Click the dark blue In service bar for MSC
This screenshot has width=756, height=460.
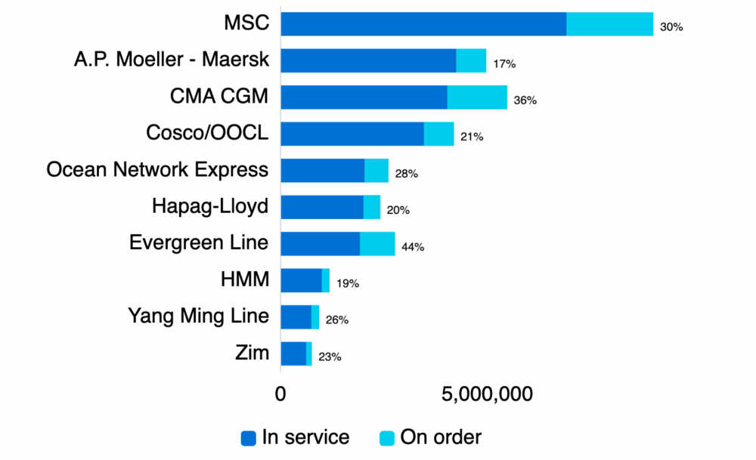[x=423, y=24]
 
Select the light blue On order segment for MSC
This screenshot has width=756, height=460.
[x=609, y=24]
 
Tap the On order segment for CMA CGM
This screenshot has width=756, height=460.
[x=477, y=97]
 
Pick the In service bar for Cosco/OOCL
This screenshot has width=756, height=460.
[x=352, y=134]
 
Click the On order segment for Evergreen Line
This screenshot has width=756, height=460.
[x=377, y=244]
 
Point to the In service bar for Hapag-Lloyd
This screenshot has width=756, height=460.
[x=322, y=207]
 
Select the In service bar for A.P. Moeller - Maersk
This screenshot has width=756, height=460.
[x=368, y=60]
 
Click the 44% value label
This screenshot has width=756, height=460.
[x=413, y=247]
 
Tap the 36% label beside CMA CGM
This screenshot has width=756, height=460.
[x=525, y=100]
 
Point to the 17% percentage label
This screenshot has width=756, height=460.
[x=504, y=64]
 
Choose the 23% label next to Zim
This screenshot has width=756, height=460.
[x=330, y=357]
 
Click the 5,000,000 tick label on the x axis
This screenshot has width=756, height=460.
[x=488, y=394]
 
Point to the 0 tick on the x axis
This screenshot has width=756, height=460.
[x=280, y=394]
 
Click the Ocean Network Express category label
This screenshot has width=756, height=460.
[x=157, y=169]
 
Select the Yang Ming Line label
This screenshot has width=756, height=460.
[x=198, y=316]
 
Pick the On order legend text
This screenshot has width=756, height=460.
[x=440, y=437]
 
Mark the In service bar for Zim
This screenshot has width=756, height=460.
[x=293, y=353]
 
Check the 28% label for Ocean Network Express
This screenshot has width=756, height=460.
[x=407, y=174]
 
